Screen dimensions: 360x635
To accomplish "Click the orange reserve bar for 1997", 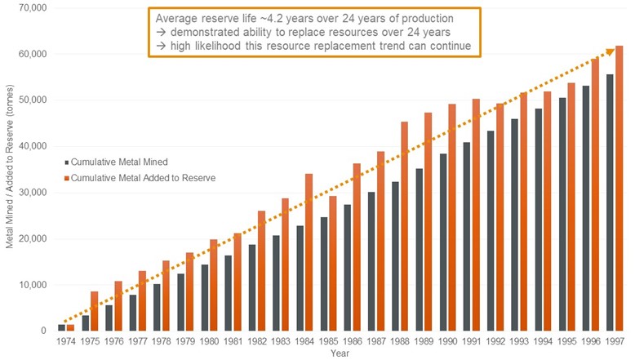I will click(x=619, y=188).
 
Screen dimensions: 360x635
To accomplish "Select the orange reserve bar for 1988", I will click(x=405, y=226).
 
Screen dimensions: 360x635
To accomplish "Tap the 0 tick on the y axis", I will click(x=42, y=331).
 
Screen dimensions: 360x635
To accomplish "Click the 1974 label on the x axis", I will click(x=66, y=343).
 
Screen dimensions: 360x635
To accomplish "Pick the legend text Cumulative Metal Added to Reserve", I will click(x=144, y=177).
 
